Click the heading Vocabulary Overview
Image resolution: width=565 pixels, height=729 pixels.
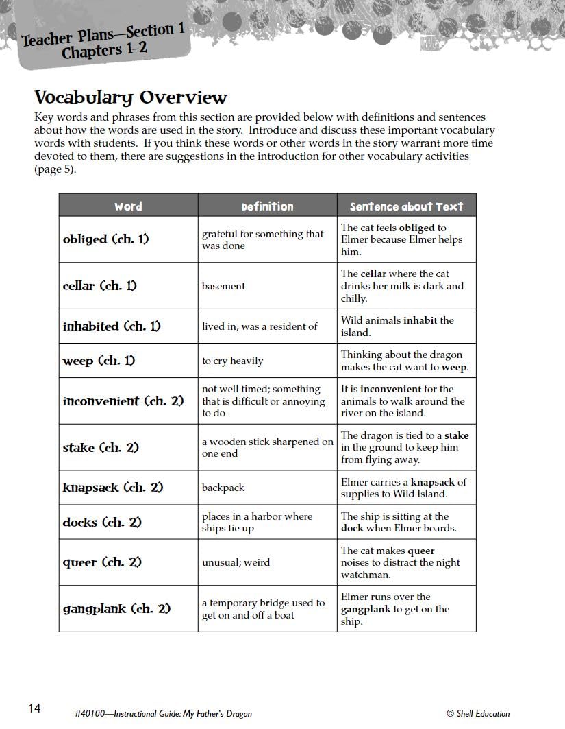tap(130, 97)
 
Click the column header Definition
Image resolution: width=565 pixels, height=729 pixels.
tap(267, 206)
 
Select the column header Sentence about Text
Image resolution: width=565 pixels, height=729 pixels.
tap(406, 206)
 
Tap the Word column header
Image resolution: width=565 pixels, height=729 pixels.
tap(128, 206)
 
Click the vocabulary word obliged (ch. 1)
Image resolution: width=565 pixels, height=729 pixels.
tap(105, 239)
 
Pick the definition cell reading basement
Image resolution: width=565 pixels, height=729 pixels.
tap(223, 286)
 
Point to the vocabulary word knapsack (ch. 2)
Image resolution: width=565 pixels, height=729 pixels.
tap(113, 488)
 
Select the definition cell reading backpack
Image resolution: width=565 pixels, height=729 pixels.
tap(223, 488)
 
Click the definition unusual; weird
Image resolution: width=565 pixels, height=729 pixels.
tap(236, 562)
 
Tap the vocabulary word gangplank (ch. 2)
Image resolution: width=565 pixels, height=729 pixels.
tap(116, 608)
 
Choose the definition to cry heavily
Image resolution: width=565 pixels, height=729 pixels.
tap(232, 361)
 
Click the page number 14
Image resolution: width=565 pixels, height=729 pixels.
tap(35, 708)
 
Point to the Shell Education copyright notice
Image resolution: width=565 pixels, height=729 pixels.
tap(477, 713)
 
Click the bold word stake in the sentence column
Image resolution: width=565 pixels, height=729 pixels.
tap(457, 435)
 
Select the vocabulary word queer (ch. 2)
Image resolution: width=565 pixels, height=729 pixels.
tap(102, 562)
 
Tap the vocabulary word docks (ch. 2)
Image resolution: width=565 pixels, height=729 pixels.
tap(102, 522)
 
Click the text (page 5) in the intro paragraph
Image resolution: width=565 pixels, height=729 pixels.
tap(55, 169)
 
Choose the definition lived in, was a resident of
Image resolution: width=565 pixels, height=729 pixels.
tap(260, 326)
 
